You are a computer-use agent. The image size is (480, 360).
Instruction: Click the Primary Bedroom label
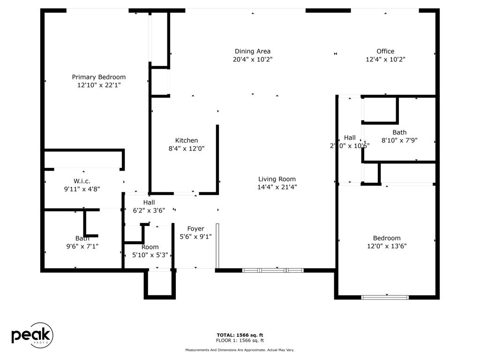[98, 77]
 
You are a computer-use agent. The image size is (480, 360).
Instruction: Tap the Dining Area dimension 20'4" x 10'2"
[252, 60]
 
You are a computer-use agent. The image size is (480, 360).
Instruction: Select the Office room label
[385, 51]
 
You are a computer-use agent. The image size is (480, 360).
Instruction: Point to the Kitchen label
[186, 140]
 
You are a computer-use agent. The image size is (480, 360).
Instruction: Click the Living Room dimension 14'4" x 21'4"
[277, 187]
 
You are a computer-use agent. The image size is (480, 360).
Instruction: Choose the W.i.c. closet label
[82, 181]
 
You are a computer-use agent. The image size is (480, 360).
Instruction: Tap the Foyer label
[195, 229]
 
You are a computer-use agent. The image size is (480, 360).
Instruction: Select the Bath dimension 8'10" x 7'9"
[399, 140]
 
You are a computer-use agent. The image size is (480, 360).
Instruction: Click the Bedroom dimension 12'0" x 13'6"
[387, 246]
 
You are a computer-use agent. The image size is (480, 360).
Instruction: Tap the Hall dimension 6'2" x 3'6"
[149, 210]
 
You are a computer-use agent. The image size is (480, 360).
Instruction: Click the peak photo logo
[32, 335]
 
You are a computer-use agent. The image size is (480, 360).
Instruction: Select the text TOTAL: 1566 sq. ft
[240, 335]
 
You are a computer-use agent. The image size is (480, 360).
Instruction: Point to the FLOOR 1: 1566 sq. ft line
[240, 340]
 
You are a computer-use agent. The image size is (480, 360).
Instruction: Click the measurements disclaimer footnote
[240, 350]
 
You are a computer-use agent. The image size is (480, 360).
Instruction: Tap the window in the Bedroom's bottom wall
[385, 297]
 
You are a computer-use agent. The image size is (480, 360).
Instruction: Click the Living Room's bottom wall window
[272, 270]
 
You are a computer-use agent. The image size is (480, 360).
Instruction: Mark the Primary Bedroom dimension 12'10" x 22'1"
[99, 85]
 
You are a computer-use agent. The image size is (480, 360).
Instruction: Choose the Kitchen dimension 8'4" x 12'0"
[186, 148]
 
